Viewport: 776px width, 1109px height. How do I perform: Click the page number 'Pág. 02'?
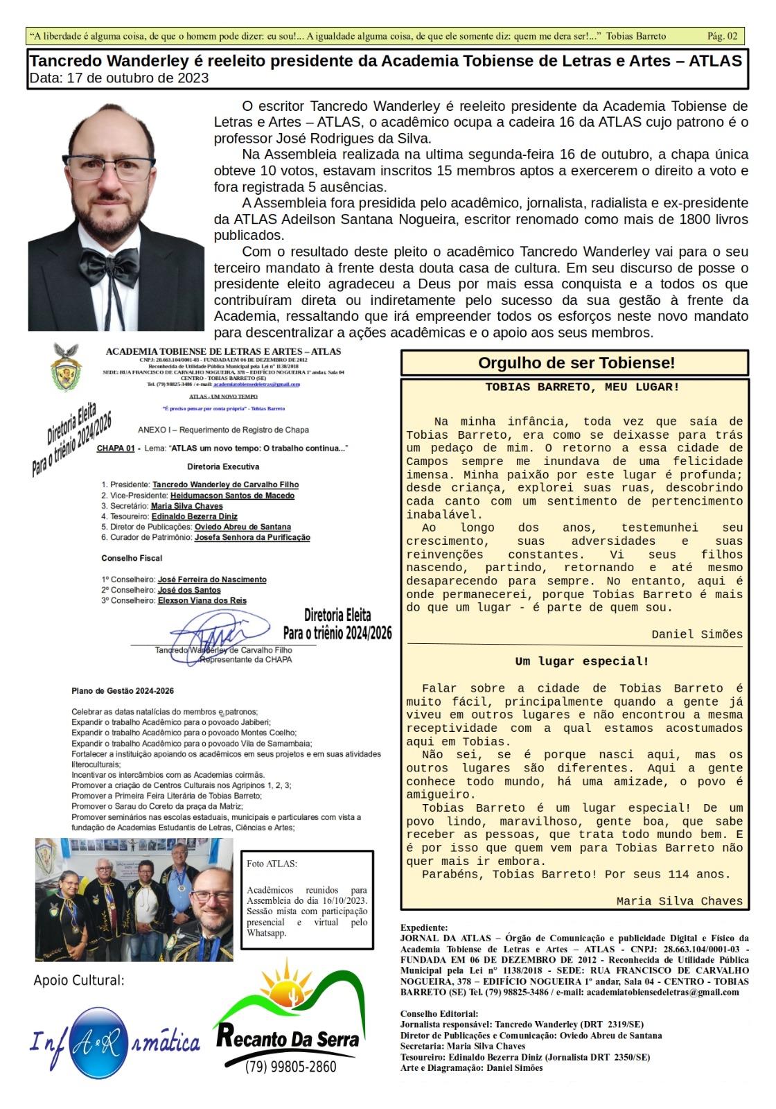[x=722, y=36]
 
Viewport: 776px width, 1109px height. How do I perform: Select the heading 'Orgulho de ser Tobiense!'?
[x=575, y=363]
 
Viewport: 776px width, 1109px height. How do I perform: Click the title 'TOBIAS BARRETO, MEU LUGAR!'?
[x=582, y=387]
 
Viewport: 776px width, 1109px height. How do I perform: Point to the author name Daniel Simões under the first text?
[x=696, y=634]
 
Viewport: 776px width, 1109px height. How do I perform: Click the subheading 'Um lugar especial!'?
[x=582, y=661]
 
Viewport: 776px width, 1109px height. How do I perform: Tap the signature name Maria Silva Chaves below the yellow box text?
[x=679, y=901]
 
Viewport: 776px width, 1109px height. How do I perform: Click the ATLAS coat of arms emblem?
[x=67, y=367]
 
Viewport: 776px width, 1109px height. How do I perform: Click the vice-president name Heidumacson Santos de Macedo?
[x=232, y=496]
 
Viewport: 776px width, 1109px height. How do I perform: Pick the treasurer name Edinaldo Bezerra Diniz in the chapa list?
[x=194, y=516]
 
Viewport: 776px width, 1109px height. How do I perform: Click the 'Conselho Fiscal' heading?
[x=132, y=558]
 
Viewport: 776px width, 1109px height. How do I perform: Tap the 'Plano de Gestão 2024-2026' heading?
[x=123, y=691]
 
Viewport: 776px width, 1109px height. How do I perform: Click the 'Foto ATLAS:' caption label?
[x=272, y=864]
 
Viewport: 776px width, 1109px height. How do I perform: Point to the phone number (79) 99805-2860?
[x=290, y=1067]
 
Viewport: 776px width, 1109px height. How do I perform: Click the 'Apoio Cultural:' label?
[x=79, y=980]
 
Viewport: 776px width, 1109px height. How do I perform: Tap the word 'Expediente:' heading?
[x=424, y=927]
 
